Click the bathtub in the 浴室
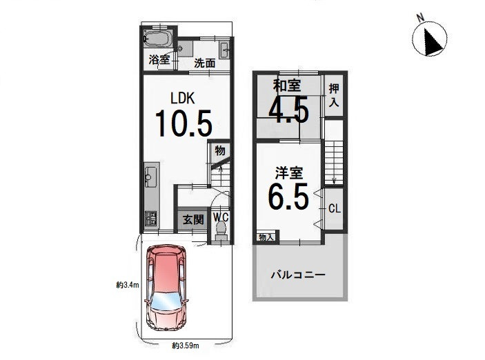point(157,39)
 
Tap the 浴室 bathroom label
point(159,60)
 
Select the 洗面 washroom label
point(205,63)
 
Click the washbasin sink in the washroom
point(225,50)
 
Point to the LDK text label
point(183,99)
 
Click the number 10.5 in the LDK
point(184,123)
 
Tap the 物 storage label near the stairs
point(219,151)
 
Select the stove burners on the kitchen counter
point(152,219)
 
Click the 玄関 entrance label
point(193,220)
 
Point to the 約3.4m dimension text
point(128,285)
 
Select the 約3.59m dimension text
point(186,346)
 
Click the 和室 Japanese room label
point(287,86)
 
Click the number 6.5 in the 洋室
point(288,197)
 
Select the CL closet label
point(335,209)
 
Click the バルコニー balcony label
point(298,274)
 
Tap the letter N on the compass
point(420,18)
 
